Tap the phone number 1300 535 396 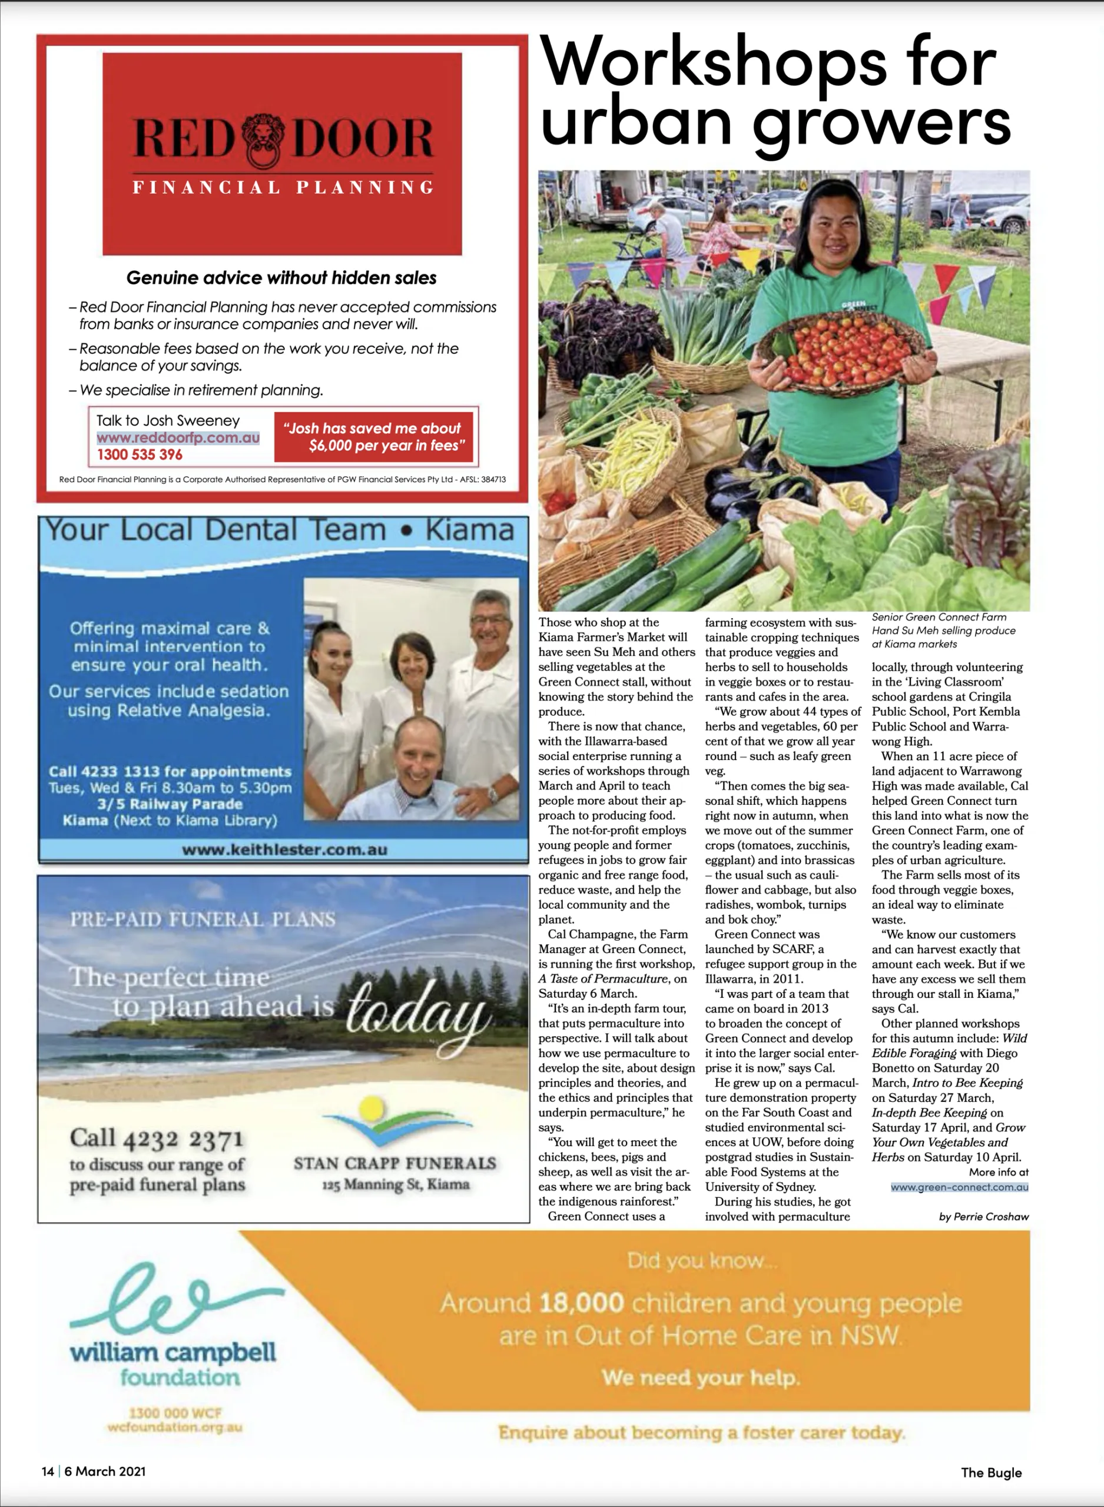pos(140,454)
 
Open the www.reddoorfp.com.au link pos(178,437)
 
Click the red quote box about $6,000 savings pos(373,437)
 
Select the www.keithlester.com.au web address pos(284,849)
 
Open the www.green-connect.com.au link pos(959,1187)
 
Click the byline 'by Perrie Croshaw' pos(984,1216)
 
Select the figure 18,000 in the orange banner pos(581,1303)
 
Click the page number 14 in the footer pos(48,1471)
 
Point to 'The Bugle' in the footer pos(991,1472)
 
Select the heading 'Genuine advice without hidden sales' pos(281,278)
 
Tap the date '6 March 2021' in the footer pos(105,1471)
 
